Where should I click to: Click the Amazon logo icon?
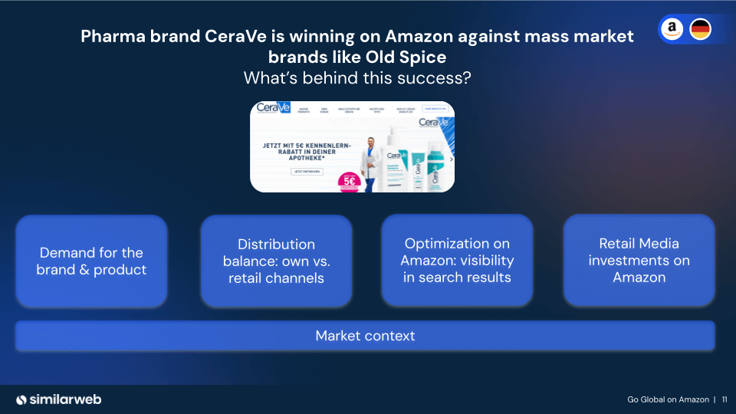coord(672,29)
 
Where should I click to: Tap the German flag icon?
coord(700,29)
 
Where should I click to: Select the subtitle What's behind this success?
coord(356,78)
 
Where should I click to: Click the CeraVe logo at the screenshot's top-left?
coord(269,108)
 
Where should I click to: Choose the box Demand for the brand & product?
coord(91,261)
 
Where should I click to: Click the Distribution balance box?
coord(276,261)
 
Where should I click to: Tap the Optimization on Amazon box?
coord(457,261)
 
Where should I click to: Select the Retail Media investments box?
coord(639,261)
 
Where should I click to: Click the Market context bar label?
coord(365,336)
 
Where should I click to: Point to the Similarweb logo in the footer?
coord(59,399)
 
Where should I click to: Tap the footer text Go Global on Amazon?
coord(667,399)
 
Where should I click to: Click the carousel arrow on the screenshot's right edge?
coord(451,159)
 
